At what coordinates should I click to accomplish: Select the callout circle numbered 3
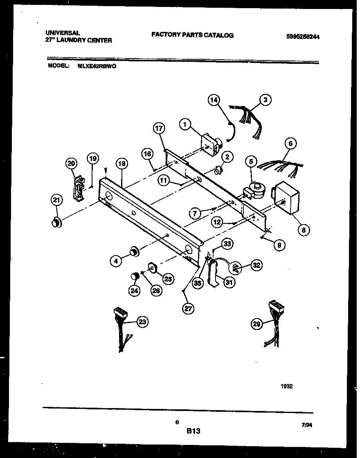click(x=265, y=99)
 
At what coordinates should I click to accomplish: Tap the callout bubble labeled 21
click(x=57, y=200)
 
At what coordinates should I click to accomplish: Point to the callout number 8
click(x=303, y=230)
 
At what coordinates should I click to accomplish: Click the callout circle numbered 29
click(x=256, y=324)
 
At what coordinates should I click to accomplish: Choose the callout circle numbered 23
click(x=142, y=322)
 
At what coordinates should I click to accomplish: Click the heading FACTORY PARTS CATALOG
click(x=192, y=35)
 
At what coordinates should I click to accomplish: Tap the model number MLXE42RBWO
click(x=97, y=65)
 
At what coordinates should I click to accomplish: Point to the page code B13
click(x=193, y=431)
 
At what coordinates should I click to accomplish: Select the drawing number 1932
click(x=286, y=386)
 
